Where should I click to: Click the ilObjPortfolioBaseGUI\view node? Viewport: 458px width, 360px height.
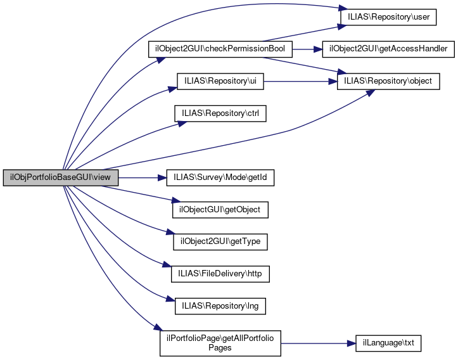click(61, 178)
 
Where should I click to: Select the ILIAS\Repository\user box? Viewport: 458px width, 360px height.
click(388, 16)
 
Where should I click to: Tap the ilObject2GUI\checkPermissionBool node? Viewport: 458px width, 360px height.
click(220, 49)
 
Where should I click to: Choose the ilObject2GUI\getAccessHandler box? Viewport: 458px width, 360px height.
click(388, 49)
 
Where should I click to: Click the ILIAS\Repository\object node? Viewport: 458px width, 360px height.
click(388, 81)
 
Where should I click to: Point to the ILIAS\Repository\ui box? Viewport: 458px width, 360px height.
click(220, 81)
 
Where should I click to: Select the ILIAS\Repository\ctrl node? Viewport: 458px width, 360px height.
click(220, 113)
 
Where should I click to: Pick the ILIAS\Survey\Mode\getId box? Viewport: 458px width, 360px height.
click(220, 178)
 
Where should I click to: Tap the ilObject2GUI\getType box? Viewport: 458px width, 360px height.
click(220, 242)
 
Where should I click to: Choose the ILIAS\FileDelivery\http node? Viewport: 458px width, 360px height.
click(220, 274)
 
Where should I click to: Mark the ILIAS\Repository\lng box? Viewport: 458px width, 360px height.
click(220, 307)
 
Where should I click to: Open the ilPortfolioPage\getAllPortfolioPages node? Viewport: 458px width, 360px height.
click(220, 343)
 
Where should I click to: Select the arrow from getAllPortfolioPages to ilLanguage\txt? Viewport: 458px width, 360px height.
click(317, 343)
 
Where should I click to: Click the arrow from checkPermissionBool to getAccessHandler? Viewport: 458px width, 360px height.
click(307, 49)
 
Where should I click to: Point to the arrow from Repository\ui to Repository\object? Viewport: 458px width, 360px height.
click(298, 81)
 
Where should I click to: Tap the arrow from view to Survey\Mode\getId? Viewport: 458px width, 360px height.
click(143, 178)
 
